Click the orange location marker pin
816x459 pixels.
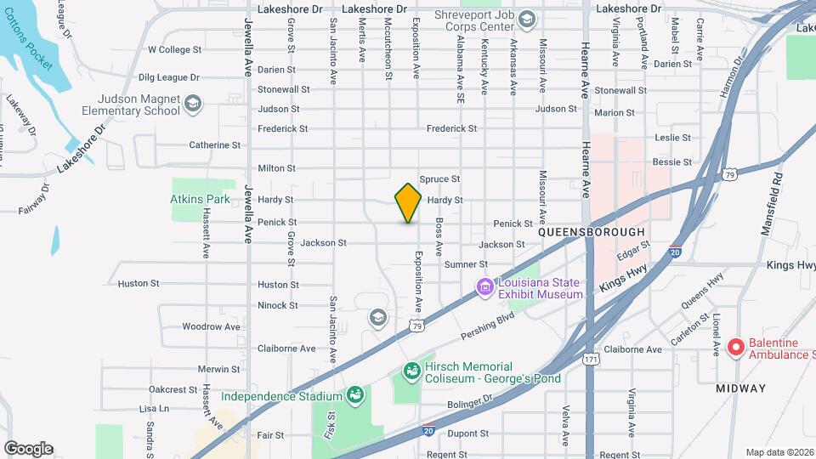click(x=408, y=202)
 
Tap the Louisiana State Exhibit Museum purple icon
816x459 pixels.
click(x=485, y=288)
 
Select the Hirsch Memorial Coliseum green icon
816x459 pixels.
click(x=411, y=371)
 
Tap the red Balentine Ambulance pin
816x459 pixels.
click(x=737, y=347)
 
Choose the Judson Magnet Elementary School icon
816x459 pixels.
click(x=194, y=104)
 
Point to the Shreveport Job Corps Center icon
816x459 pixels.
click(x=527, y=20)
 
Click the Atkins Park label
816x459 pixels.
click(x=200, y=200)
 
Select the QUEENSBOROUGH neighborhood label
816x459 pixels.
click(x=592, y=231)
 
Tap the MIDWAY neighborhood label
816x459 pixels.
click(x=741, y=388)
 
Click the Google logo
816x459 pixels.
click(x=28, y=449)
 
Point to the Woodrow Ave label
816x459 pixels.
click(x=211, y=326)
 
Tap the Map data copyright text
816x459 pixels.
click(x=779, y=452)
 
